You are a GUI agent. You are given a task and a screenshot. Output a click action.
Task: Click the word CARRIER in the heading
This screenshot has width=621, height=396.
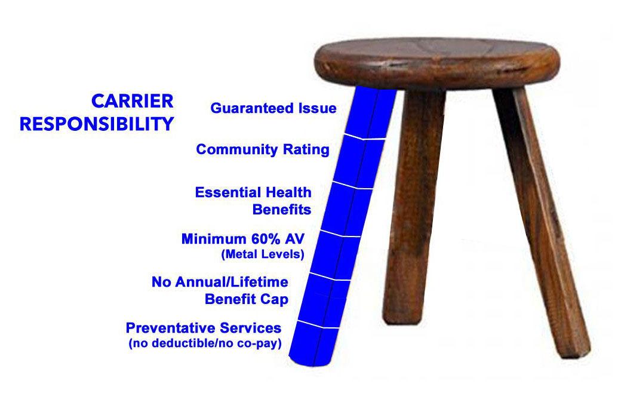[x=133, y=102]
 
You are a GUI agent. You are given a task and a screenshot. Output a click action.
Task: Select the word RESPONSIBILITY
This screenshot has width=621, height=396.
[x=97, y=124]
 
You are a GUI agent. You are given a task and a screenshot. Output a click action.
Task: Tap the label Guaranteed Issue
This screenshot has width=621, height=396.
[x=273, y=108]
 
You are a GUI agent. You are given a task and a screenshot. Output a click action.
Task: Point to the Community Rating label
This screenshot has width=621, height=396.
[x=263, y=149]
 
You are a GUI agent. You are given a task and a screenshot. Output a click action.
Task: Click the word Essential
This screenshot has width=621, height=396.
[x=228, y=192]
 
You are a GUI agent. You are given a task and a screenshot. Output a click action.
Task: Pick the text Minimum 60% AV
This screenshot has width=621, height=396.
[x=243, y=239]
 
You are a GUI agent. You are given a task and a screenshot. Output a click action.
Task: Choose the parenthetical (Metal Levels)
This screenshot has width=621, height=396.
[x=263, y=254]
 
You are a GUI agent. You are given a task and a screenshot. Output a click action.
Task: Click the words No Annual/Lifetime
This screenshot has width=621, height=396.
[x=220, y=282]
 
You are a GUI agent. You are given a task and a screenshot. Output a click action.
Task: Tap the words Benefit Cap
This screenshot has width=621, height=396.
[x=247, y=299]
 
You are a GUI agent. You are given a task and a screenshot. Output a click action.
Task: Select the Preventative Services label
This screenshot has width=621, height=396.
[x=204, y=328]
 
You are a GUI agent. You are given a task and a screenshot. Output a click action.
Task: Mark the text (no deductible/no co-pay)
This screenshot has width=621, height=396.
[x=205, y=343]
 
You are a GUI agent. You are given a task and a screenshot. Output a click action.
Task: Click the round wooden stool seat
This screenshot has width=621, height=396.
[x=437, y=63]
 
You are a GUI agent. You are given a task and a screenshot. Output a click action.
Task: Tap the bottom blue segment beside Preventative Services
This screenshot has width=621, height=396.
[x=315, y=343]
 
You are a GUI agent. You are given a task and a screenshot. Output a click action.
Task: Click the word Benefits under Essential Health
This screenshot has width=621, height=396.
[x=282, y=210]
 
